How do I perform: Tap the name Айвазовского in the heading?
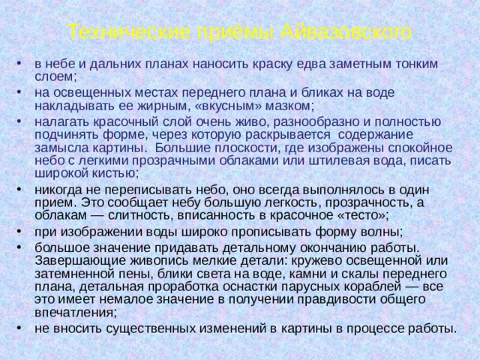pyautogui.click(x=349, y=32)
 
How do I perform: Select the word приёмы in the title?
pyautogui.click(x=233, y=32)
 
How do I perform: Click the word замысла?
pyautogui.click(x=58, y=146)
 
